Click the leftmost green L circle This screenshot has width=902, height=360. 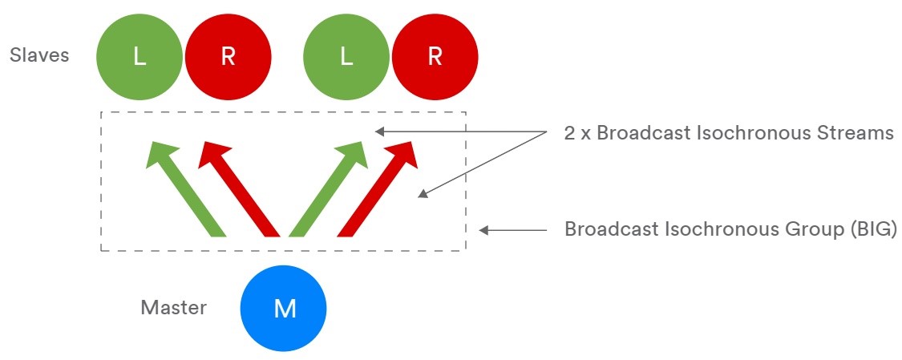tap(140, 57)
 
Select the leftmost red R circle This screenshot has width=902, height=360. tap(228, 57)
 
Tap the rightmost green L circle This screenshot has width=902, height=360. tap(346, 57)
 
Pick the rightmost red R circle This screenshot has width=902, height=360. tap(435, 57)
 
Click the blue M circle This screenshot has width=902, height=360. tap(284, 309)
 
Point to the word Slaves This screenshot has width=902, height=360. tap(39, 55)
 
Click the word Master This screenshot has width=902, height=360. tap(173, 307)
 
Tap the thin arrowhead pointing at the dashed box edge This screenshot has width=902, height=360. tap(484, 230)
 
